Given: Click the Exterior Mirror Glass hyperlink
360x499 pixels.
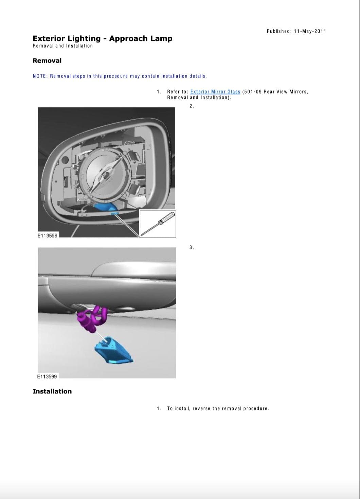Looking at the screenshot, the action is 215,91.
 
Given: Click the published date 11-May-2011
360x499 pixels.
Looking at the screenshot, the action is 310,31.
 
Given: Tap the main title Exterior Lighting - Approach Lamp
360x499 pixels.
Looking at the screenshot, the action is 103,38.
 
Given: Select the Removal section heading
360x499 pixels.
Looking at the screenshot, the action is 47,61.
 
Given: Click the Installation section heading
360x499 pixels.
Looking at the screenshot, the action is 52,391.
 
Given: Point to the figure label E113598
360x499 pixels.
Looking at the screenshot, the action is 48,236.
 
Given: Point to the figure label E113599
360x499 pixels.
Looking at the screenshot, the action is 47,376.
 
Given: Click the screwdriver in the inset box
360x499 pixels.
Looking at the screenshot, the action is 158,223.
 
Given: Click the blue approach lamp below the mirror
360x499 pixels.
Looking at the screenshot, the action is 113,350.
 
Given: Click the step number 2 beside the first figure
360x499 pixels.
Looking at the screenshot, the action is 192,106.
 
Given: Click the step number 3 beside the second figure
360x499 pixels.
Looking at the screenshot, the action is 192,247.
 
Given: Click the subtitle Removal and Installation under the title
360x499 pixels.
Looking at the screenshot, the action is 62,46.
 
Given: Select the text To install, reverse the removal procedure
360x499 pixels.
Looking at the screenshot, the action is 218,408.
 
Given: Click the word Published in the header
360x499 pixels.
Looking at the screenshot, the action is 279,31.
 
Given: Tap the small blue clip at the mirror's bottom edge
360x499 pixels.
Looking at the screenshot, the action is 114,213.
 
